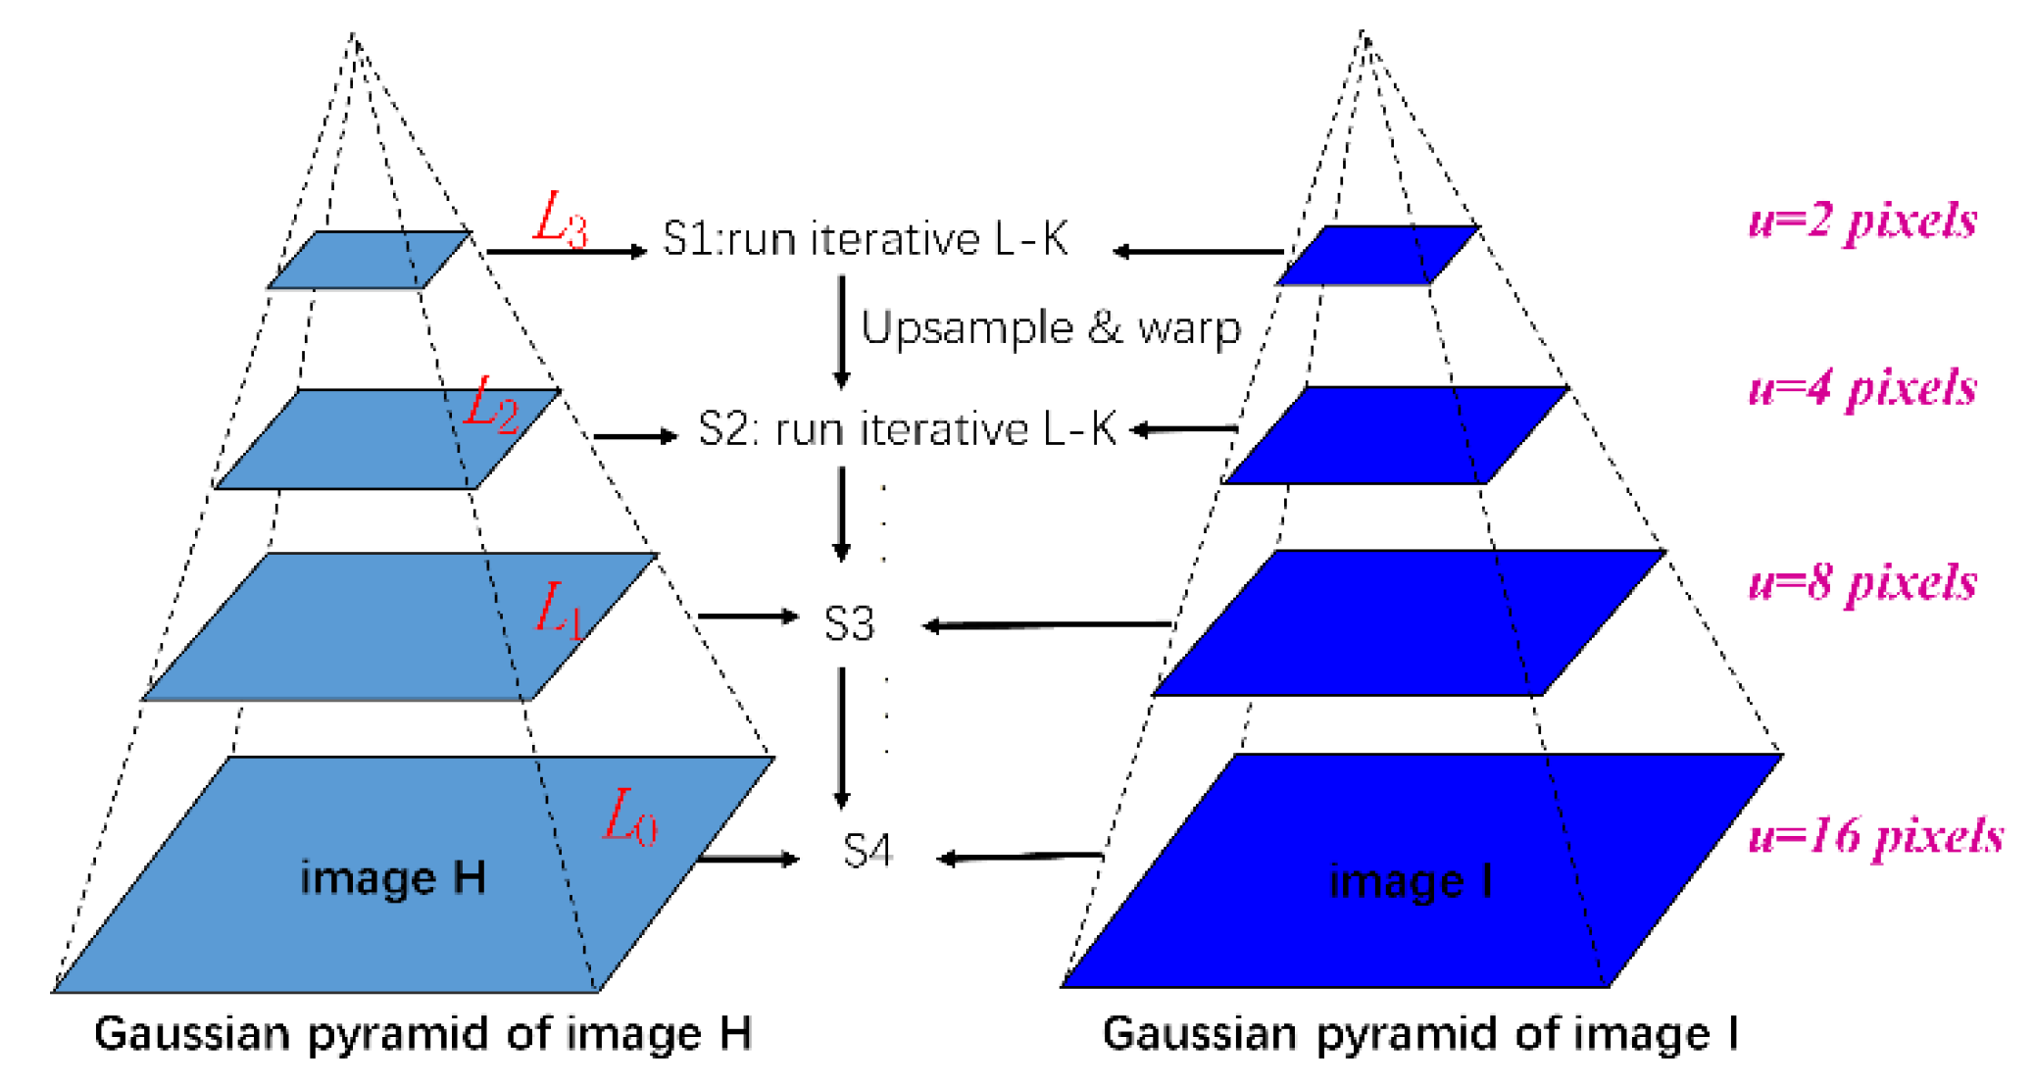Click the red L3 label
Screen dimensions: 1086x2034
[560, 219]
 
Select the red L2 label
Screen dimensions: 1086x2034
[490, 404]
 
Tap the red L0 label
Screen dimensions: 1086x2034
[629, 816]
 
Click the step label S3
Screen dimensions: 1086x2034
[849, 624]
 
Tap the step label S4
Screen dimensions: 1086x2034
[868, 851]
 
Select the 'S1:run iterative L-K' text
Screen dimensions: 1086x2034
[866, 239]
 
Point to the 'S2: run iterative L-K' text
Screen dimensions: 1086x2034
[907, 429]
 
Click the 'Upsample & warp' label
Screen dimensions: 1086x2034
[1051, 328]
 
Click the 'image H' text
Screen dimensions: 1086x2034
[393, 877]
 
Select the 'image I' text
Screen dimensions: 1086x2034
[1411, 881]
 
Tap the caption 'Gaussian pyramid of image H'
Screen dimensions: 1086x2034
[422, 1034]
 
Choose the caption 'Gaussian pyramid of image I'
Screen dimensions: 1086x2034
[1420, 1034]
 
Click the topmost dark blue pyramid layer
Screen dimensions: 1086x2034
[1377, 255]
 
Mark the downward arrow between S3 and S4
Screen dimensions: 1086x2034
[842, 737]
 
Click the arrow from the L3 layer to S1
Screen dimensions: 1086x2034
[567, 252]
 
